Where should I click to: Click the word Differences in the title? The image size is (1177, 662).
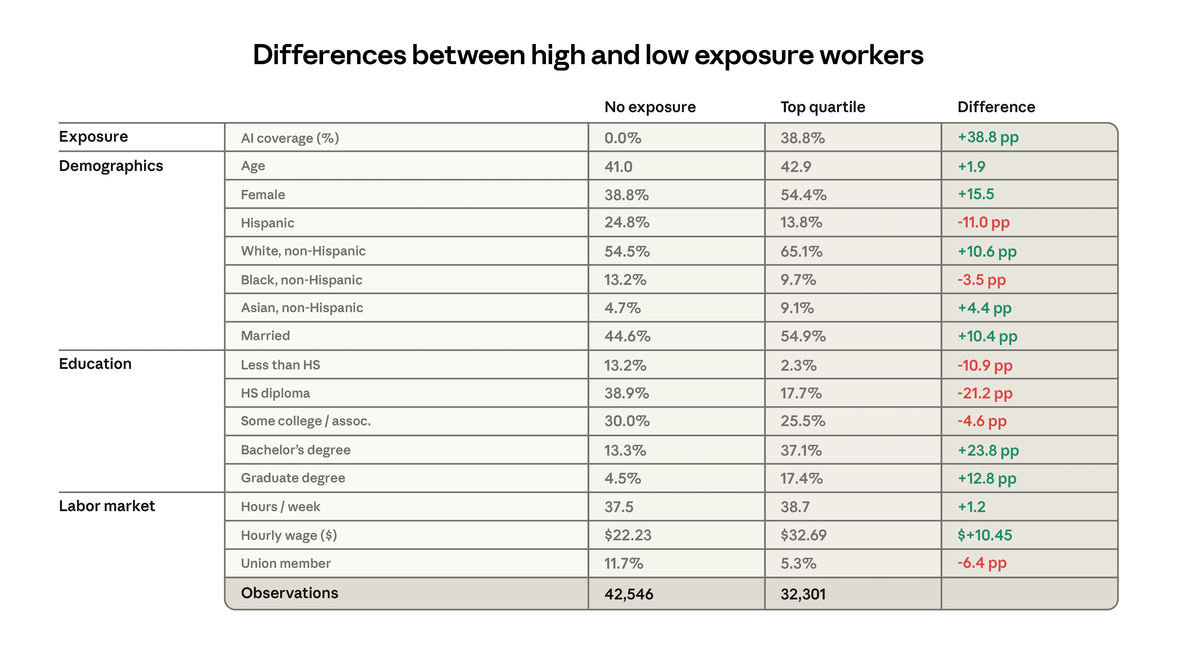click(329, 55)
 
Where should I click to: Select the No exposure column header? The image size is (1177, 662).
click(650, 107)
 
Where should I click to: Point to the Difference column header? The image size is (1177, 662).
click(996, 107)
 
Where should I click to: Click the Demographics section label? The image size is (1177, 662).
click(111, 166)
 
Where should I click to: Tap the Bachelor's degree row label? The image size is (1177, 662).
click(295, 450)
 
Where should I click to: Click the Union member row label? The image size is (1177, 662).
click(286, 563)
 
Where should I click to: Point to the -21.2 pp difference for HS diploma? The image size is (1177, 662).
click(985, 393)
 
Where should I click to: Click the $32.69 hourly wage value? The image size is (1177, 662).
click(803, 535)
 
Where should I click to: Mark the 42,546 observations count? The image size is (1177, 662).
click(629, 594)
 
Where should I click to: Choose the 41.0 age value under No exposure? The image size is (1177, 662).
click(618, 167)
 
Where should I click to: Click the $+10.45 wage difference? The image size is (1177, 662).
click(985, 535)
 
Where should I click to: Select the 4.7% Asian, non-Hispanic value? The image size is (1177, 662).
click(622, 308)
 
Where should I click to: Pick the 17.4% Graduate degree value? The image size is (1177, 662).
click(802, 478)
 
